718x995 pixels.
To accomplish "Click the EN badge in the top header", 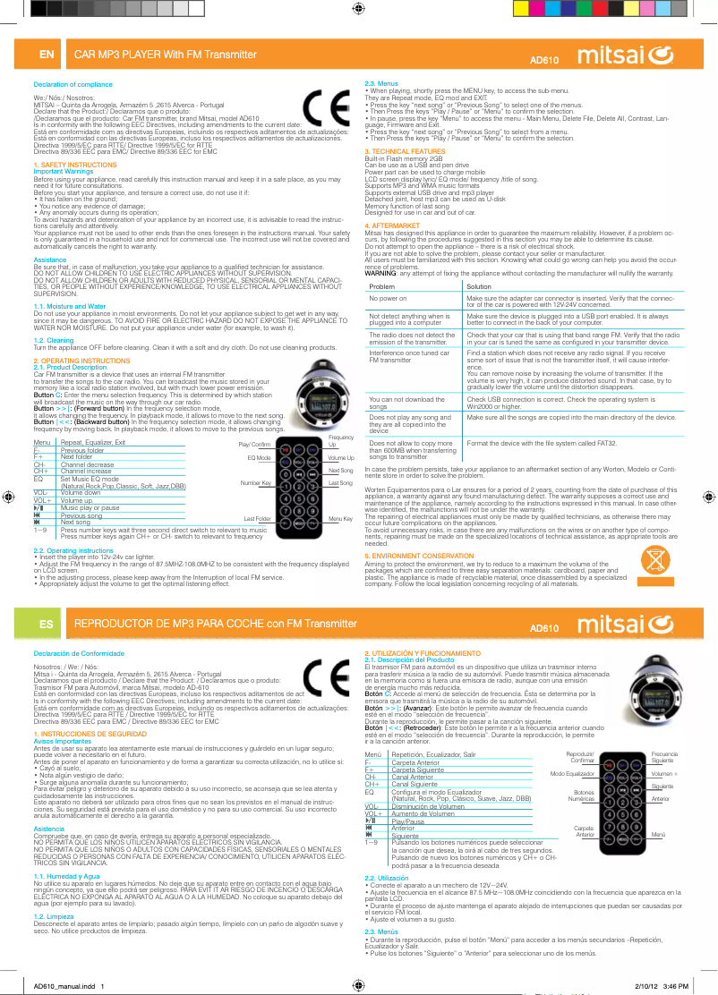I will click(x=46, y=55).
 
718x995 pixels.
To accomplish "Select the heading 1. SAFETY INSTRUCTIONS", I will click(x=74, y=166).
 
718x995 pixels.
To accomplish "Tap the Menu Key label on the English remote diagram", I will click(x=340, y=519).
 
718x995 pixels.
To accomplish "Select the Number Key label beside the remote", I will click(x=255, y=483).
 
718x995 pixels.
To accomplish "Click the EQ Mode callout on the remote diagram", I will click(x=259, y=457).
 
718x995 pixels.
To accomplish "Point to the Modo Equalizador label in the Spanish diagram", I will click(x=573, y=773).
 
